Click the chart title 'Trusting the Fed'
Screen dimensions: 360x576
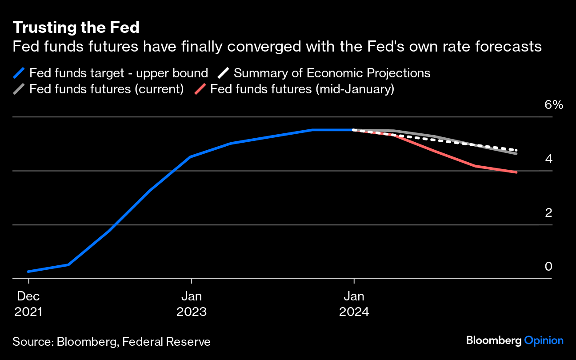pyautogui.click(x=76, y=28)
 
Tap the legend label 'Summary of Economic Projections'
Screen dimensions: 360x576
pyautogui.click(x=332, y=73)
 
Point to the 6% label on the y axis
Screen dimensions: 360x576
pyautogui.click(x=554, y=105)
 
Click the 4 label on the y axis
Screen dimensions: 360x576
pyautogui.click(x=548, y=159)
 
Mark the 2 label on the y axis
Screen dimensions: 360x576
pyautogui.click(x=548, y=212)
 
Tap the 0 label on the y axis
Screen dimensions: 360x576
pyautogui.click(x=548, y=266)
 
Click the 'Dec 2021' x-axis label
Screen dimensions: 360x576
pyautogui.click(x=28, y=304)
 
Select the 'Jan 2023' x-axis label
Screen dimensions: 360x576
pyautogui.click(x=192, y=304)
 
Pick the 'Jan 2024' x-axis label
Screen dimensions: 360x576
pyautogui.click(x=354, y=304)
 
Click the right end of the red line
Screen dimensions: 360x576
pyautogui.click(x=516, y=172)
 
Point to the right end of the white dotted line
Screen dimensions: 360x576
pyautogui.click(x=516, y=150)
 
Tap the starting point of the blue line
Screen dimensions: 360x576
pyautogui.click(x=28, y=271)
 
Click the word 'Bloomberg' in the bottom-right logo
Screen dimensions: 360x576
pyautogui.click(x=493, y=341)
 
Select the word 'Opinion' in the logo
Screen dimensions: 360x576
pyautogui.click(x=544, y=341)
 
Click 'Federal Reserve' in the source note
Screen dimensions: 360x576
pyautogui.click(x=166, y=342)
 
